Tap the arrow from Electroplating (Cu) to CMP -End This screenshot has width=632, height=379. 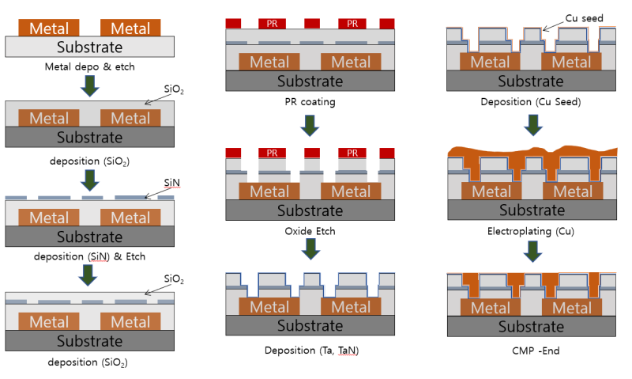click(533, 252)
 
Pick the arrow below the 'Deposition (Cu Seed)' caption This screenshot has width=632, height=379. click(533, 124)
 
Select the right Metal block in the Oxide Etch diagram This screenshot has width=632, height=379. click(352, 191)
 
